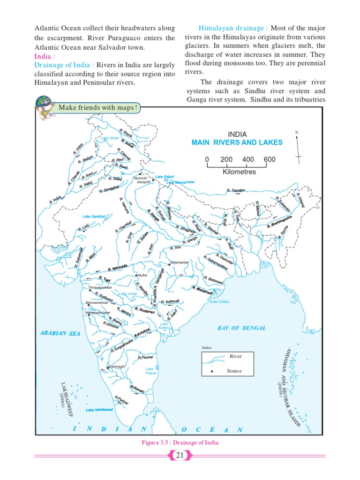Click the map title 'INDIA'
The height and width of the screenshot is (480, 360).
click(x=237, y=134)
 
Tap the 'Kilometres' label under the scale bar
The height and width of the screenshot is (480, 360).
click(x=239, y=172)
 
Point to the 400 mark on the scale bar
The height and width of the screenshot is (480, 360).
click(x=248, y=159)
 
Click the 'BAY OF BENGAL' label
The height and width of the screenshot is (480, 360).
click(x=241, y=328)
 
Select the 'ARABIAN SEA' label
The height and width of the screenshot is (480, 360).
click(x=60, y=333)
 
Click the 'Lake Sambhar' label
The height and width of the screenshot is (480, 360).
click(x=94, y=216)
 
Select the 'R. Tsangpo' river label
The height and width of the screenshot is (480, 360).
click(x=236, y=190)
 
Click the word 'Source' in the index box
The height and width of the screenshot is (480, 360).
click(x=234, y=371)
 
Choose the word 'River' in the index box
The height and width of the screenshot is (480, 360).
click(x=235, y=356)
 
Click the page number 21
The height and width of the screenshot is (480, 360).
click(x=180, y=455)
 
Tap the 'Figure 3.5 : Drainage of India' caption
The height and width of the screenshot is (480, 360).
click(x=180, y=442)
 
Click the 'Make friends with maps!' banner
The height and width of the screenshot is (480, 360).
click(x=97, y=108)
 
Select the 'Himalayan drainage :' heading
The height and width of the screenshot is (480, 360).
click(x=233, y=28)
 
